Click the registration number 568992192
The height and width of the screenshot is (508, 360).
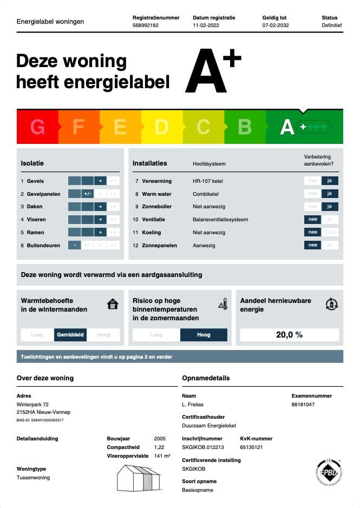pos(146,25)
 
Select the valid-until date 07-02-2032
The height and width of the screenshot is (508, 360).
pos(276,25)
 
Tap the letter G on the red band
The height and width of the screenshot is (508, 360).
pos(37,127)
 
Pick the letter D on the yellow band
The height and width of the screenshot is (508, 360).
pos(161,127)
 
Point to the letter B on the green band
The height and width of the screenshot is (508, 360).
pos(245,127)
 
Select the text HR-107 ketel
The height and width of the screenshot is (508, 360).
pos(208,181)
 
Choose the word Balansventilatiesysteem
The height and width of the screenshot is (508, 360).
pos(220,220)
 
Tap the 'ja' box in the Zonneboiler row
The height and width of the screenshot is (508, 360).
pos(330,207)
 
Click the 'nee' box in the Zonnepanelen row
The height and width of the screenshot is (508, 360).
pos(312,245)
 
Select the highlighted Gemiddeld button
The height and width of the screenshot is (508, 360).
pos(70,335)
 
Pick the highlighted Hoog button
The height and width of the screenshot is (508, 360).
pos(204,335)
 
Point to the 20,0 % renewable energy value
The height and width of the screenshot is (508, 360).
pos(289,335)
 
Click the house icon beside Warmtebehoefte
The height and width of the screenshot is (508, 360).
pos(113,304)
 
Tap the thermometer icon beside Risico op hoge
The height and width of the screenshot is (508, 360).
pos(222,305)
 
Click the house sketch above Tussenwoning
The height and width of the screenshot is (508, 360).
pos(139,477)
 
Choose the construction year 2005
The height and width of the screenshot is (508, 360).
pos(160,438)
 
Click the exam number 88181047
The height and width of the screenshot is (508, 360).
pos(303,404)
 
